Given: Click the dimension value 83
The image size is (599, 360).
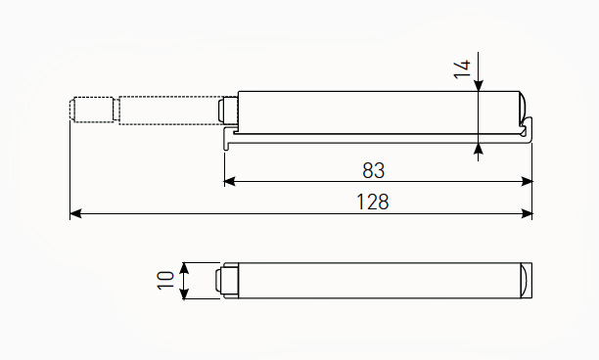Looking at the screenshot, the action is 373,170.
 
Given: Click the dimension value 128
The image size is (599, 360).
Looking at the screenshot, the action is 373,202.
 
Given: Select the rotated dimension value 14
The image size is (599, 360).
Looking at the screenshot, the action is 462,69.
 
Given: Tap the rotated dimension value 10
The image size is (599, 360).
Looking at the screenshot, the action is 165,281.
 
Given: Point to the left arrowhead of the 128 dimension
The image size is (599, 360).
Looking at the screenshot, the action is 75,214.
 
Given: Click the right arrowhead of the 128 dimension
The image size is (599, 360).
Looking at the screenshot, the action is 527,214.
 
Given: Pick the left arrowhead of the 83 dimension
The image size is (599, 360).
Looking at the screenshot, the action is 230,181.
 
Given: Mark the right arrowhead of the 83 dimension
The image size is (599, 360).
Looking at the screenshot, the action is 527,181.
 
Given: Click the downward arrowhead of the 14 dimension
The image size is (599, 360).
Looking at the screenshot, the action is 479,86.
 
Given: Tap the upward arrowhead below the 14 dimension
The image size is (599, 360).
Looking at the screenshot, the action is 479,150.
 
